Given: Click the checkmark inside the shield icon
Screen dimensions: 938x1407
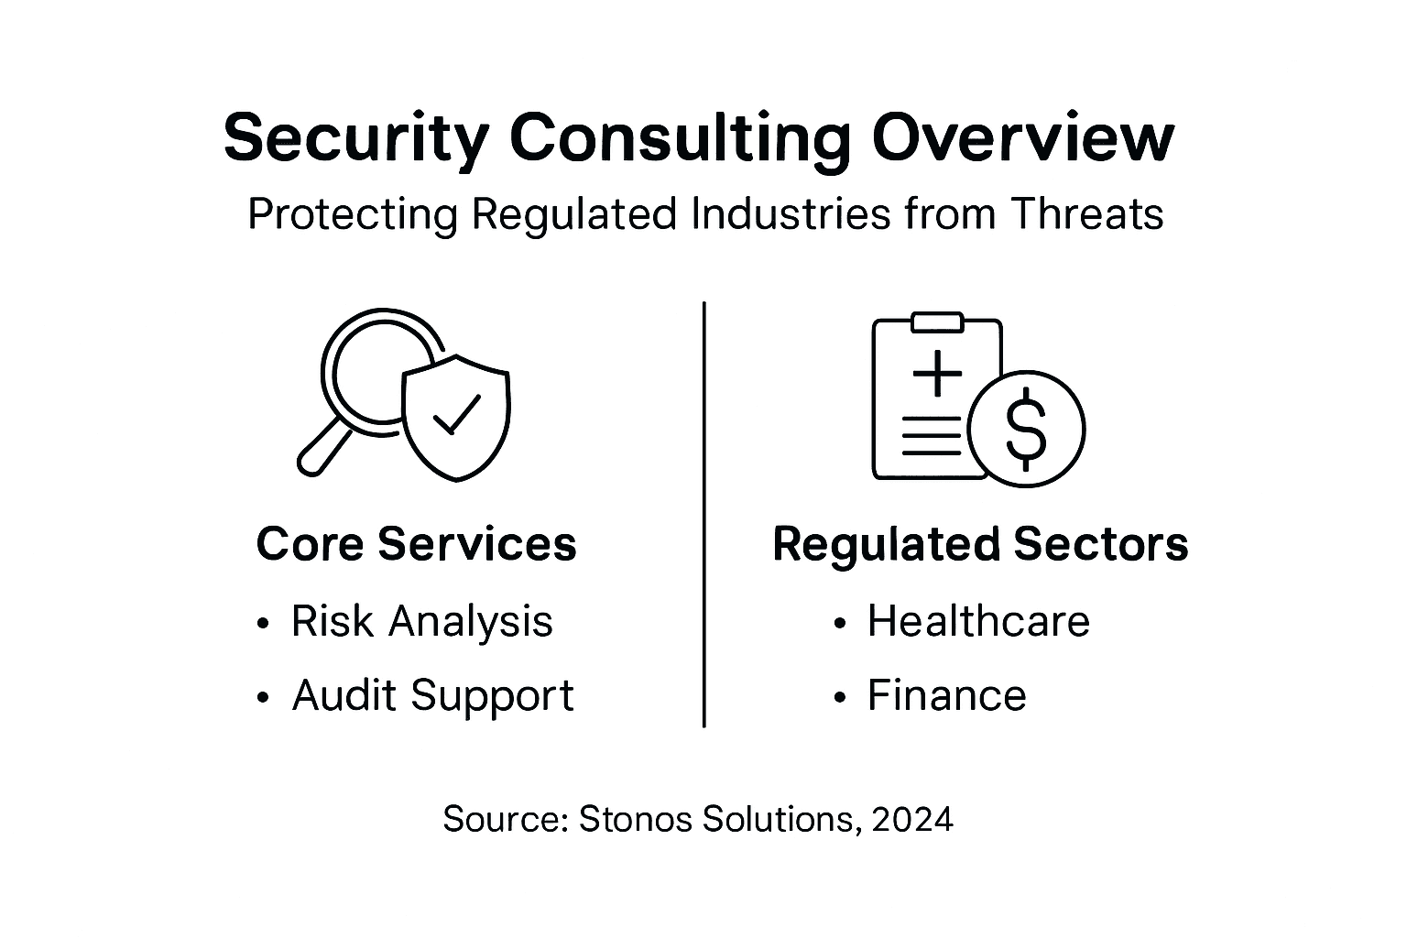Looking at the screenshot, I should tap(456, 414).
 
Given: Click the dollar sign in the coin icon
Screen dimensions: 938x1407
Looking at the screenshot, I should tap(1026, 428).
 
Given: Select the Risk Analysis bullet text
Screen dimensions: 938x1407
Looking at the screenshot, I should tap(421, 621).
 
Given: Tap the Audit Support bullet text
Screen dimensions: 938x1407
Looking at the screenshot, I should tap(432, 695).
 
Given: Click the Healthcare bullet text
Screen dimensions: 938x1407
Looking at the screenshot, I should tap(978, 621).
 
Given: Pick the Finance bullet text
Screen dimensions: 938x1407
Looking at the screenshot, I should tap(946, 695).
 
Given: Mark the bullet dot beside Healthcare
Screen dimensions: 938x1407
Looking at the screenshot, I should tap(839, 624).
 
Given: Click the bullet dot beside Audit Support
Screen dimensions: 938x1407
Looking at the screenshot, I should tap(264, 698).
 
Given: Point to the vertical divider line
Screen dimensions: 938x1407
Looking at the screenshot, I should tap(703, 513).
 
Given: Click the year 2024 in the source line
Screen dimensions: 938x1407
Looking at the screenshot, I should tap(912, 818).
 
